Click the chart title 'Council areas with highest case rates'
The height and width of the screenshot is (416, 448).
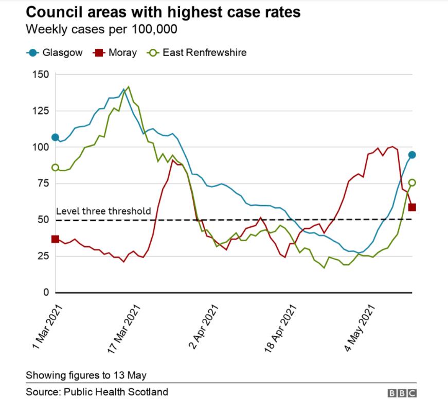click(163, 13)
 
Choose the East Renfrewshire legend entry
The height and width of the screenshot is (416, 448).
click(198, 52)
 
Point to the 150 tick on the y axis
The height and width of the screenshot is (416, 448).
click(40, 75)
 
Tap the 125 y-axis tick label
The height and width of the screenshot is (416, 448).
click(40, 111)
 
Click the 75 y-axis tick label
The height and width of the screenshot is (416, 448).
click(43, 184)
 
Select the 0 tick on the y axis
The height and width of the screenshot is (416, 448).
click(46, 293)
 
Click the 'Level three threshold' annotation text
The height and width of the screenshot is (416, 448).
click(103, 211)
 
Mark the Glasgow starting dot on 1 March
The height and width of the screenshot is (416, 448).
click(55, 137)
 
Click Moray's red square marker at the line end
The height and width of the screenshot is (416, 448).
click(412, 207)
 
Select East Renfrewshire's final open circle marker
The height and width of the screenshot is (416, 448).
click(412, 183)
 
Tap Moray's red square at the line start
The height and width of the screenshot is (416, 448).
click(55, 239)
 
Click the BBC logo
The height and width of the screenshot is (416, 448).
click(402, 393)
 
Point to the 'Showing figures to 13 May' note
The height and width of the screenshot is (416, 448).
click(86, 374)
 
